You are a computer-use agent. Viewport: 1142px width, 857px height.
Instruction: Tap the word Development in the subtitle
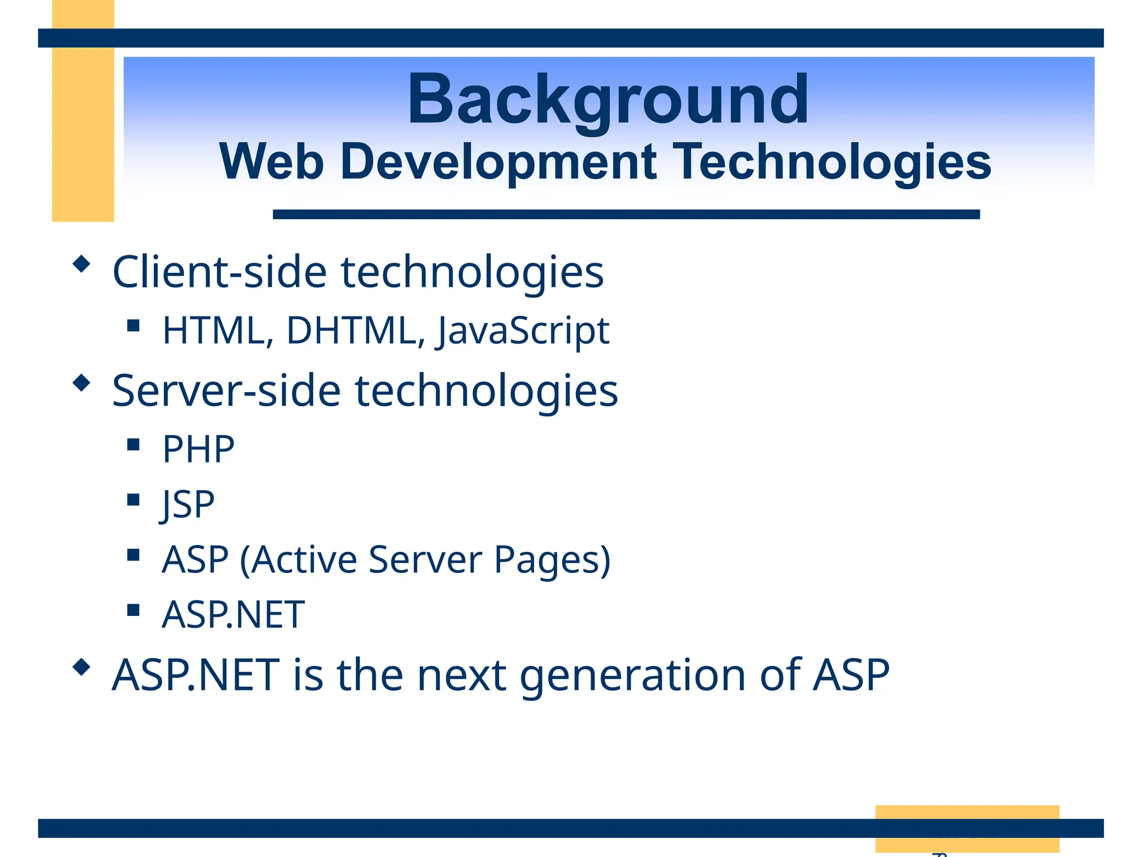[x=499, y=162]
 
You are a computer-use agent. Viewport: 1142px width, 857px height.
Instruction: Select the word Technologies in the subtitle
[x=834, y=162]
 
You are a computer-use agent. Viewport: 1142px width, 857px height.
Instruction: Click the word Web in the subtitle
[x=272, y=162]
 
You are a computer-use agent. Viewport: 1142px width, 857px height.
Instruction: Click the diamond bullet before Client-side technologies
[x=81, y=264]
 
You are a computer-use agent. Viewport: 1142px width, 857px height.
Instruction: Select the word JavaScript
[x=522, y=331]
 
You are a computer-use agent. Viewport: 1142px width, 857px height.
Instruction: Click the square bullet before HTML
[x=133, y=325]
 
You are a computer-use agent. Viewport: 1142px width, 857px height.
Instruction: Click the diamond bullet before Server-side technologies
[x=81, y=383]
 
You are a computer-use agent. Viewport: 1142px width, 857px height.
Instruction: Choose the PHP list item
[x=198, y=450]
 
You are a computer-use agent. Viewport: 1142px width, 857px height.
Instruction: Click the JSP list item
[x=188, y=505]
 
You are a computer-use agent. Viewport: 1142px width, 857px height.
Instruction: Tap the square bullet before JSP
[x=133, y=499]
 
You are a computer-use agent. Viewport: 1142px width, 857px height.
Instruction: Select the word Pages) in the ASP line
[x=552, y=560]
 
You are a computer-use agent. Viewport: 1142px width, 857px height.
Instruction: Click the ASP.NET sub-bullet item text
[x=233, y=615]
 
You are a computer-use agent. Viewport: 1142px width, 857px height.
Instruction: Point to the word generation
[x=632, y=676]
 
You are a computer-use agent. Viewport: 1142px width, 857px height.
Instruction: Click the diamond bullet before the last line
[x=81, y=667]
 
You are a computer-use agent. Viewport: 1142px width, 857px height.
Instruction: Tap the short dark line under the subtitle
[x=626, y=214]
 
